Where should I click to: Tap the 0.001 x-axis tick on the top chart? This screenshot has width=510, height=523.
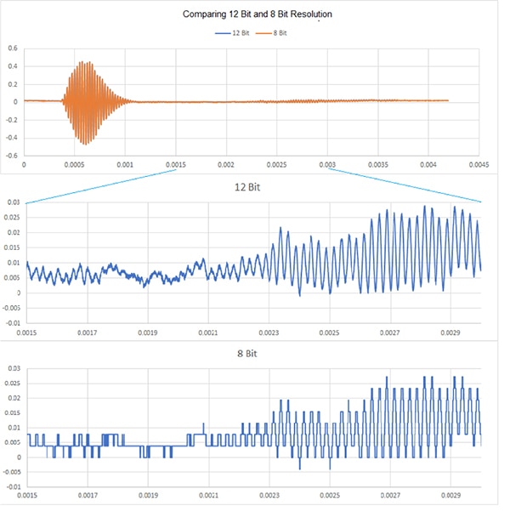tap(125, 164)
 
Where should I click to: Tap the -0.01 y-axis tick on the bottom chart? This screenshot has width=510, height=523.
tap(13, 487)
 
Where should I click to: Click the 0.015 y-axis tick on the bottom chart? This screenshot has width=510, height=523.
tap(13, 412)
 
